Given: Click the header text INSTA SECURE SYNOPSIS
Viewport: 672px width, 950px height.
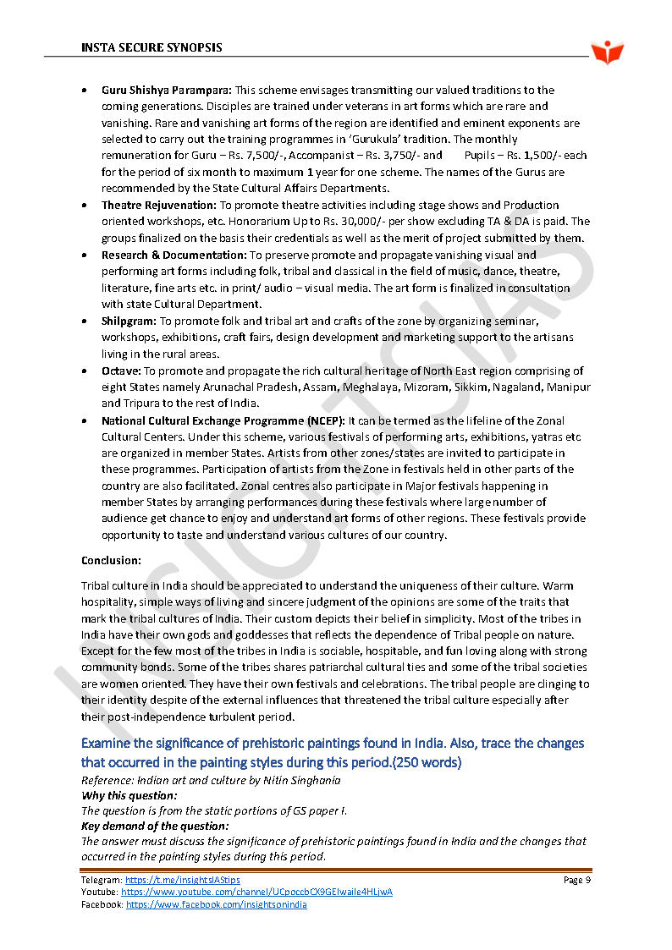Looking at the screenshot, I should click(x=151, y=47).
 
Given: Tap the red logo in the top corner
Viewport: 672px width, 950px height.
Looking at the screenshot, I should click(x=607, y=52).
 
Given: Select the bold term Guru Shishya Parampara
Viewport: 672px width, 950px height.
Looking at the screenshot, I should click(x=167, y=90).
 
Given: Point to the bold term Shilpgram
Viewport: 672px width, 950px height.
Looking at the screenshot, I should click(x=129, y=321).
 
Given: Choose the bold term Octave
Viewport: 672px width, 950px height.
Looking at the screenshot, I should click(x=121, y=371).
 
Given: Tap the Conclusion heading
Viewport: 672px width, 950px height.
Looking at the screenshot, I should click(x=111, y=560).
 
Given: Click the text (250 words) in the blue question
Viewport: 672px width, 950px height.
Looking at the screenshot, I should click(x=419, y=762).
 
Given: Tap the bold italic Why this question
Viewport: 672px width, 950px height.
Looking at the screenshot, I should click(x=129, y=795).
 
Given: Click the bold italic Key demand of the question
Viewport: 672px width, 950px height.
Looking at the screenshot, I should click(x=155, y=826).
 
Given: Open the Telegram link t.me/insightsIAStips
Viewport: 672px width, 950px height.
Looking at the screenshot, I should click(x=182, y=881).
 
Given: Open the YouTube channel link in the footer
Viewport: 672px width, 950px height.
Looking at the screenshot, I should click(x=256, y=892).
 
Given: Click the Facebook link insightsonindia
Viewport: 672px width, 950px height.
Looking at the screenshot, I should click(x=216, y=904).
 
